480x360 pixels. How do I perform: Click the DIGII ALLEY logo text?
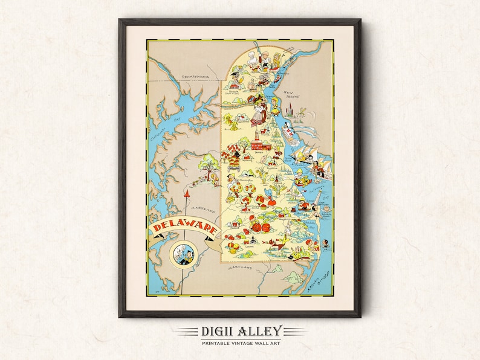[240, 331]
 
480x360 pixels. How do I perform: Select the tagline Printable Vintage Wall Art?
[240, 342]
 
